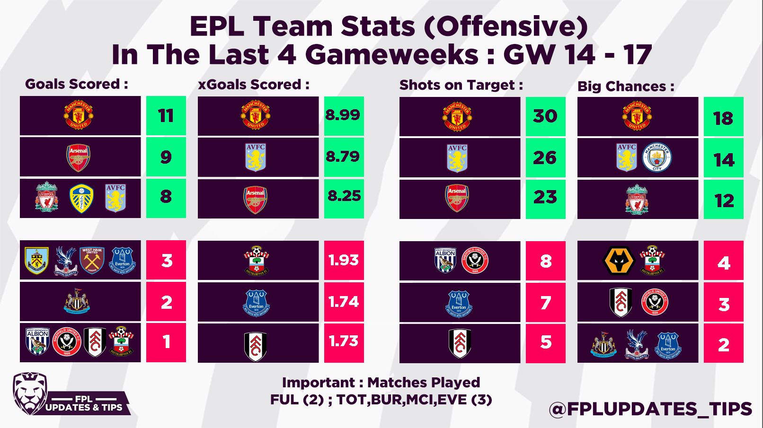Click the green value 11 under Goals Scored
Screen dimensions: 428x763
(166, 116)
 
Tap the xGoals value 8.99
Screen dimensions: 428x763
(343, 115)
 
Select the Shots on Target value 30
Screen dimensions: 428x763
(545, 116)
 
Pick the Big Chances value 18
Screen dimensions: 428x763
(723, 118)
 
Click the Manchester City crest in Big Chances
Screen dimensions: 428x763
(657, 157)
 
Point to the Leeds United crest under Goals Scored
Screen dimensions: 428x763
(81, 199)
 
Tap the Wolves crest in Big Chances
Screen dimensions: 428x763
(619, 261)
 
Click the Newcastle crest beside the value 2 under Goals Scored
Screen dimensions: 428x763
(77, 302)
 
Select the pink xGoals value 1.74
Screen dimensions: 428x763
(344, 302)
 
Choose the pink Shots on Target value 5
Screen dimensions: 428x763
(546, 342)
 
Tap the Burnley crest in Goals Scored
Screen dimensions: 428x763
(36, 261)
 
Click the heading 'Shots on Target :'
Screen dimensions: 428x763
(461, 85)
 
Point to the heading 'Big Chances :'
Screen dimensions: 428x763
(625, 87)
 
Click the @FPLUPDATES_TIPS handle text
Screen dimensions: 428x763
(650, 409)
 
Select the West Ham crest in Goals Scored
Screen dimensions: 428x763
(92, 260)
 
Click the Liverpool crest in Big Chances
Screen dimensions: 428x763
(637, 199)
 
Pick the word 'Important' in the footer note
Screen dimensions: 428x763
(319, 383)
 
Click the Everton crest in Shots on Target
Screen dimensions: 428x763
(459, 303)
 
